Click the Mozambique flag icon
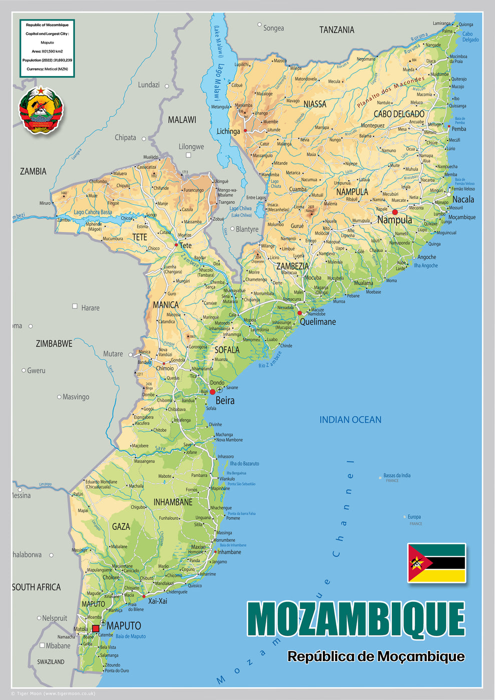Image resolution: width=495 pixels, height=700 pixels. pyautogui.click(x=436, y=563)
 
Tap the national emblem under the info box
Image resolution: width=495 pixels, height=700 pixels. pyautogui.click(x=41, y=110)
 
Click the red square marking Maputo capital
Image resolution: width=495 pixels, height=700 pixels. pyautogui.click(x=96, y=628)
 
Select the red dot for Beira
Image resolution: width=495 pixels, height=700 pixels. pyautogui.click(x=212, y=392)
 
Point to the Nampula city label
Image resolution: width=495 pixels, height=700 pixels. pyautogui.click(x=394, y=220)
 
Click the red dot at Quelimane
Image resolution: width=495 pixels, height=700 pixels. pyautogui.click(x=300, y=313)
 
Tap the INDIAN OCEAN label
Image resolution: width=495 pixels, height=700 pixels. pyautogui.click(x=350, y=420)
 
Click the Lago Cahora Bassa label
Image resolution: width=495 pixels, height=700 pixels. pyautogui.click(x=93, y=212)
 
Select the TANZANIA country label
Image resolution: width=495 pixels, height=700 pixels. pyautogui.click(x=336, y=30)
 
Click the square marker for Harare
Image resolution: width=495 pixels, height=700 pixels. pyautogui.click(x=75, y=306)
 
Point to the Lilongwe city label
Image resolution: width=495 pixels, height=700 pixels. pyautogui.click(x=191, y=146)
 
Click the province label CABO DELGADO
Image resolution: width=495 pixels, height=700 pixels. pyautogui.click(x=399, y=114)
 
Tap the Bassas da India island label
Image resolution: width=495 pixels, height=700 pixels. pyautogui.click(x=396, y=475)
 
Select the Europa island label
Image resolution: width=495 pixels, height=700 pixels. pyautogui.click(x=414, y=517)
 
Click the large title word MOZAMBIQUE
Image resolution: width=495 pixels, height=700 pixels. pyautogui.click(x=356, y=619)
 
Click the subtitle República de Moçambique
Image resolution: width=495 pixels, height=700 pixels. pyautogui.click(x=376, y=656)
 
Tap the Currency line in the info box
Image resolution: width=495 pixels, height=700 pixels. pyautogui.click(x=47, y=69)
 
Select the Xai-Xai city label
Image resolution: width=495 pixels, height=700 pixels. pyautogui.click(x=157, y=601)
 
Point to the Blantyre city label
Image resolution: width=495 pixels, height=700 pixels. pyautogui.click(x=247, y=229)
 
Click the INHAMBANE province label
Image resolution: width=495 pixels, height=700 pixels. pyautogui.click(x=173, y=502)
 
